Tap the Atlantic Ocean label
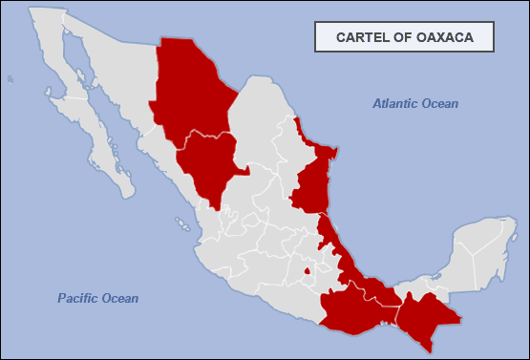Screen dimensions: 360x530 click(415, 103)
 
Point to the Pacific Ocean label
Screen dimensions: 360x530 click(97, 299)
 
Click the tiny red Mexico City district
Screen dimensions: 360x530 click(307, 271)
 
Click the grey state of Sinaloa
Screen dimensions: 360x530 click(172, 172)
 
